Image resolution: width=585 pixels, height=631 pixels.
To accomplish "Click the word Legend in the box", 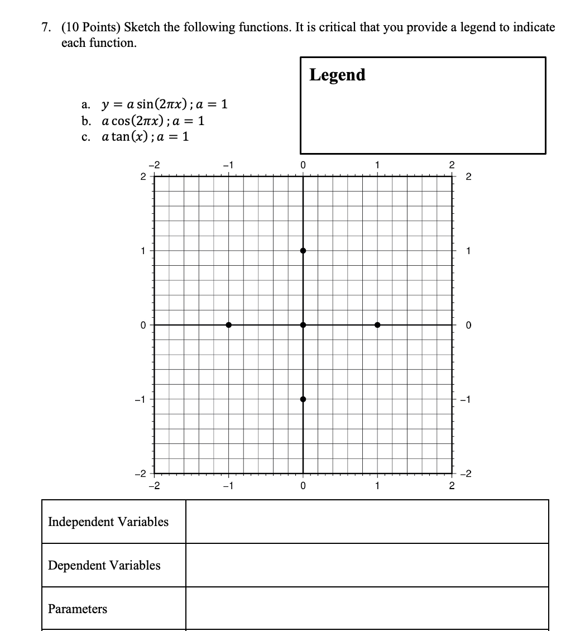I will click(x=337, y=74).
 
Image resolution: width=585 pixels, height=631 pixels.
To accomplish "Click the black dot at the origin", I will click(x=303, y=325).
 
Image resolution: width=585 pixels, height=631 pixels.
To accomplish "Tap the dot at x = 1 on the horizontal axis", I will click(x=377, y=325).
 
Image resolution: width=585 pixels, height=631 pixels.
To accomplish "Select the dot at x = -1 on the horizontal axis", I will click(x=229, y=325).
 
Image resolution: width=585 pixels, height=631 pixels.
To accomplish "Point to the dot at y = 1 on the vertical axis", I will click(x=303, y=251).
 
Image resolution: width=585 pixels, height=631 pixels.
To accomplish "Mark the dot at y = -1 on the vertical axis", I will click(x=303, y=399).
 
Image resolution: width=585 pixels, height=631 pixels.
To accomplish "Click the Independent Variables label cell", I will click(x=108, y=522).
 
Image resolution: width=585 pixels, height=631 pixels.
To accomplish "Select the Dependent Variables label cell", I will click(x=104, y=565).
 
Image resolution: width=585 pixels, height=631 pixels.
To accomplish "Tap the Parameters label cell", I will click(x=78, y=609).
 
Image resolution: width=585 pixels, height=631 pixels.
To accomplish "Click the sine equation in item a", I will click(x=164, y=104).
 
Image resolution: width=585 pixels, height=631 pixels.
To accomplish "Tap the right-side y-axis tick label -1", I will click(x=468, y=399).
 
